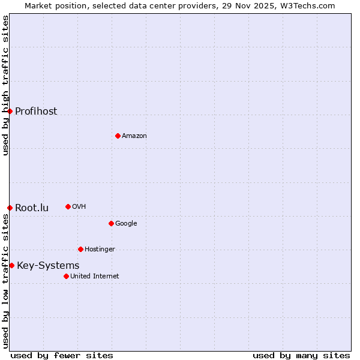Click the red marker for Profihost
[x=10, y=111]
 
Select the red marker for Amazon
[x=118, y=136]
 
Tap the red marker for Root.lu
[x=10, y=208]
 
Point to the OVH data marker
[x=68, y=206]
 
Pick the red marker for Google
[x=111, y=223]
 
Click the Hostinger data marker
[x=80, y=249]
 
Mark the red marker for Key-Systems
[x=11, y=265]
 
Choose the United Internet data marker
[x=66, y=276]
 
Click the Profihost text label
[x=36, y=111]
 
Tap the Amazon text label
[x=134, y=136]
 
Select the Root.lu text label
[x=32, y=208]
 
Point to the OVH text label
[x=79, y=206]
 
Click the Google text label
[x=126, y=223]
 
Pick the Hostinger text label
[x=100, y=249]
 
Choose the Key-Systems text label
[x=48, y=265]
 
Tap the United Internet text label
[x=95, y=276]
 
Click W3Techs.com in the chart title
[x=306, y=5]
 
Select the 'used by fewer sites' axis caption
[x=62, y=355]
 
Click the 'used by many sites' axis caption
[x=301, y=355]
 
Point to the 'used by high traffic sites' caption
[x=5, y=85]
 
